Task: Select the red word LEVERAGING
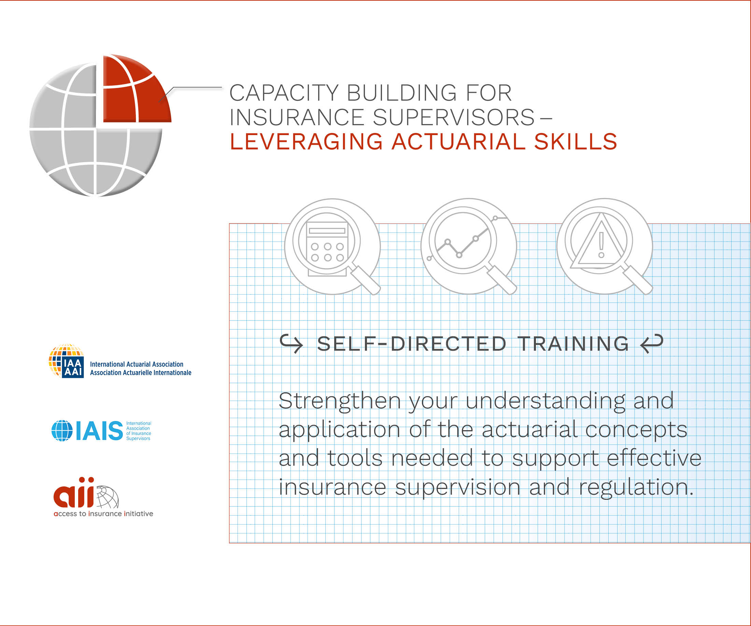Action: [306, 142]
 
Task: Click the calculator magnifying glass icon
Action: [332, 247]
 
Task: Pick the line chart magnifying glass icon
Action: [468, 247]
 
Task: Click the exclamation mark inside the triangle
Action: [601, 244]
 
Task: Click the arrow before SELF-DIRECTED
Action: [292, 344]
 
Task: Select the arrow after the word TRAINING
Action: [652, 344]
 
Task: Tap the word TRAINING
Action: [573, 344]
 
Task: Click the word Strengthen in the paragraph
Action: [340, 401]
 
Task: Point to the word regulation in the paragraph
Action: [637, 487]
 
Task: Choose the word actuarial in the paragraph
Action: [529, 430]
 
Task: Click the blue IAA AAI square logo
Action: [73, 367]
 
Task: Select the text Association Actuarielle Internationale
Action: [141, 373]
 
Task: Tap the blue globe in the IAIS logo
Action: [62, 431]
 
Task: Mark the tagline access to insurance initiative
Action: [103, 514]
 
